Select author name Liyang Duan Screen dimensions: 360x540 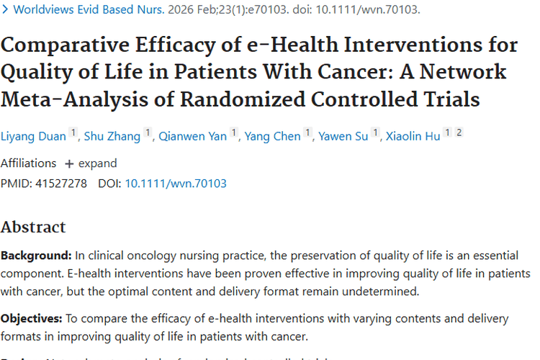tap(33, 136)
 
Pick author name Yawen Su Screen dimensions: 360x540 tap(343, 136)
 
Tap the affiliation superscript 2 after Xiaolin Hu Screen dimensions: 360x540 tap(459, 133)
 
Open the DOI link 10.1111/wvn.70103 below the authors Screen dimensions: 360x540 tap(176, 184)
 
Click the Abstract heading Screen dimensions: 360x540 tap(33, 227)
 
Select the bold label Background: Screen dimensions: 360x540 tap(36, 256)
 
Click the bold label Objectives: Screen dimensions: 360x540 tap(32, 318)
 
